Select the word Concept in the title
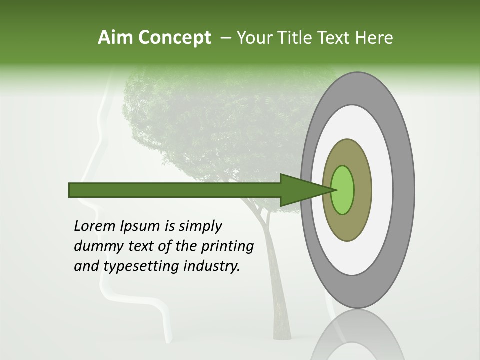174,38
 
